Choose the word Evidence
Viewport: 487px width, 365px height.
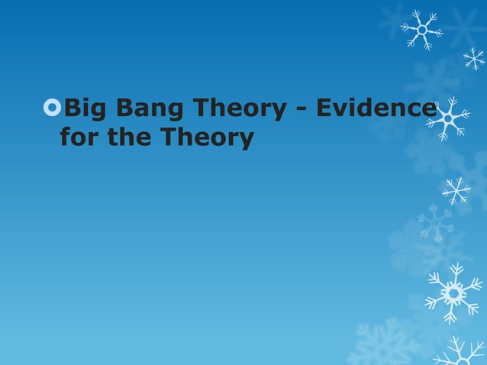click(375, 110)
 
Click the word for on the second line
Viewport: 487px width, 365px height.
click(77, 138)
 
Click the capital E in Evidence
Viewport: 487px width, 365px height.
click(324, 110)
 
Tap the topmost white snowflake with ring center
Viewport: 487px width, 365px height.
click(422, 30)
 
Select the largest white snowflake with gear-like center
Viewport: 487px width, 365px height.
click(453, 292)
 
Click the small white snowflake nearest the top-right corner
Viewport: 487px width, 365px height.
click(473, 58)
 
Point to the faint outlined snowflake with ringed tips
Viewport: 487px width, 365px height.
click(436, 222)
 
